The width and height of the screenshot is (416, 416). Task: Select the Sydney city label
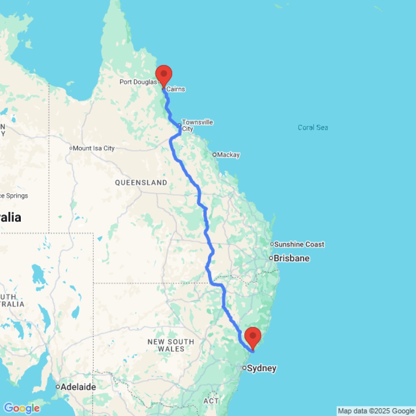[x=262, y=368]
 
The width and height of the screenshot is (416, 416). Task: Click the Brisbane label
[x=295, y=258]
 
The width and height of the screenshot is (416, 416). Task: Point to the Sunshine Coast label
[x=299, y=244]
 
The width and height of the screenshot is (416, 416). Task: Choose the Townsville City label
[x=198, y=125]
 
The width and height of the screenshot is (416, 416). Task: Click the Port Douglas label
[x=138, y=82]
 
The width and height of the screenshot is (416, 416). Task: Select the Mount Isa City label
[x=94, y=148]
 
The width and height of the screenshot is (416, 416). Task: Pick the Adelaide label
[x=78, y=387]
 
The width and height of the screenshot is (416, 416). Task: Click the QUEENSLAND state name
[x=141, y=183]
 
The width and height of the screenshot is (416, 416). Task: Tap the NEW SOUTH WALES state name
[x=171, y=345]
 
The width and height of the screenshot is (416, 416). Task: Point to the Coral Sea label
[x=313, y=128]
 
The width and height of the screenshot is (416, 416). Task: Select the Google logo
[x=22, y=409]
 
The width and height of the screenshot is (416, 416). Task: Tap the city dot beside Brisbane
[x=271, y=258]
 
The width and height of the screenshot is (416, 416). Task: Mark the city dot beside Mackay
[x=215, y=155]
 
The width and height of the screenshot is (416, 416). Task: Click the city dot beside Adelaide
[x=58, y=387]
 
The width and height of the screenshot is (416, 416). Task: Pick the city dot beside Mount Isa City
[x=71, y=148]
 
